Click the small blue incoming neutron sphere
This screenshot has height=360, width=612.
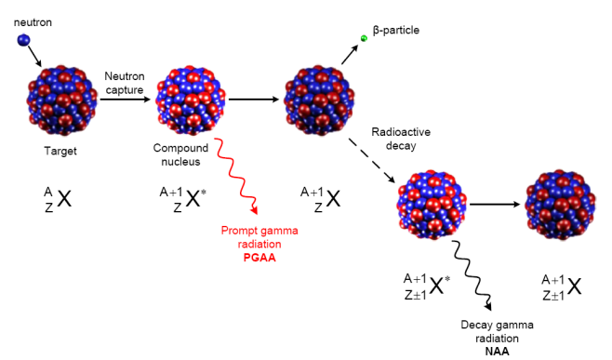[x=23, y=40]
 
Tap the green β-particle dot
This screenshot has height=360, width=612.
[x=364, y=38]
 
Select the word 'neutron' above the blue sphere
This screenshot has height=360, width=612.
[x=33, y=22]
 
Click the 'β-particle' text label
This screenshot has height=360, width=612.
[x=396, y=30]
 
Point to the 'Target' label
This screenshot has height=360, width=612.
[x=60, y=151]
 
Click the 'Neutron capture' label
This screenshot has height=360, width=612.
[x=125, y=83]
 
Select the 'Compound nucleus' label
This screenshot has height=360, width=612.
[x=180, y=154]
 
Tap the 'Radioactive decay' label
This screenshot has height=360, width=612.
[x=401, y=139]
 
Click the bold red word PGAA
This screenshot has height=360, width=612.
[x=259, y=258]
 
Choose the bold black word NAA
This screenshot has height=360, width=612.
[x=497, y=352]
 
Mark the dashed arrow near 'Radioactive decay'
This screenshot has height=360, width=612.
[x=372, y=161]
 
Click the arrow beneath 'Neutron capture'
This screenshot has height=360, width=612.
[x=125, y=100]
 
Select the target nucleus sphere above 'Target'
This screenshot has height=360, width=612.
[x=62, y=100]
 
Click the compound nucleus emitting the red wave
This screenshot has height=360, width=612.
[x=191, y=100]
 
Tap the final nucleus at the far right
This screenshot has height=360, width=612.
[x=561, y=205]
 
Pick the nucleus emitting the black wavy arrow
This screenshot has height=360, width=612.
[x=432, y=205]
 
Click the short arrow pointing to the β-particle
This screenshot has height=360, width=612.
[x=350, y=55]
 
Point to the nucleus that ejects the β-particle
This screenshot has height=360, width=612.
[x=319, y=100]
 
